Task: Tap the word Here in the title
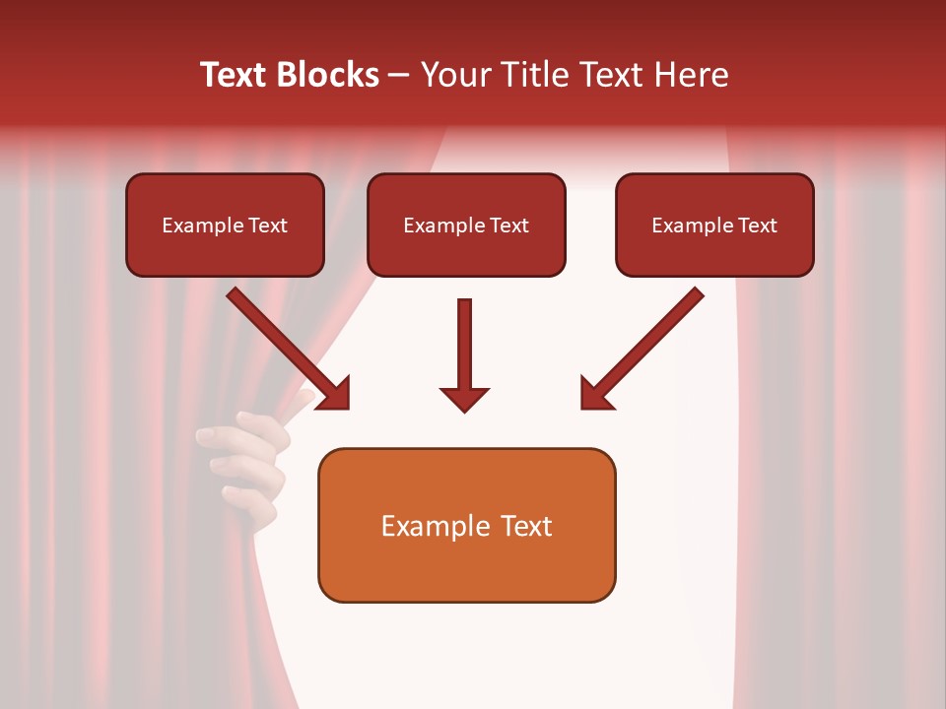tap(692, 75)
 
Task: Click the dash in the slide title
tap(399, 76)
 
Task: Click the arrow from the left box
tap(286, 346)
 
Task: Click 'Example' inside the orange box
tap(431, 526)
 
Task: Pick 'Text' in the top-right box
tap(757, 226)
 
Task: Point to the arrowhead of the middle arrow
tap(464, 398)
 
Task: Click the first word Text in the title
tap(235, 75)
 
